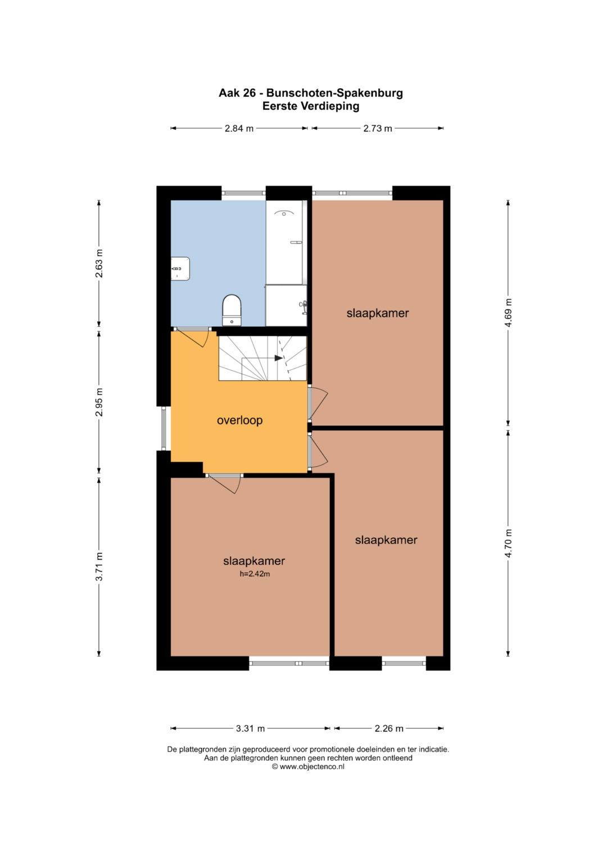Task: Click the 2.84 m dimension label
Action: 239,128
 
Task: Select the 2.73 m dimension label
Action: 378,128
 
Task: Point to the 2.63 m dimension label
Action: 99,263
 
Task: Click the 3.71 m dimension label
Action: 99,566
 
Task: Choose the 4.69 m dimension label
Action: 508,313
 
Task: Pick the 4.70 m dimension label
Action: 508,543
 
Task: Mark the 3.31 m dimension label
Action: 250,728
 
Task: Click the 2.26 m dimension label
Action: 389,728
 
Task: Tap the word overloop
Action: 240,420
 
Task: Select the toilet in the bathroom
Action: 232,310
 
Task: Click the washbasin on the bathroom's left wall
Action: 180,269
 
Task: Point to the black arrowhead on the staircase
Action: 279,358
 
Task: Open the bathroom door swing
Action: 192,338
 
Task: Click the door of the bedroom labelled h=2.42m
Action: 224,484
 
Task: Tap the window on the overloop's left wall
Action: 164,428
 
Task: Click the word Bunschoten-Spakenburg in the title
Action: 334,93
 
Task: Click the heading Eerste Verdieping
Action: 311,106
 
